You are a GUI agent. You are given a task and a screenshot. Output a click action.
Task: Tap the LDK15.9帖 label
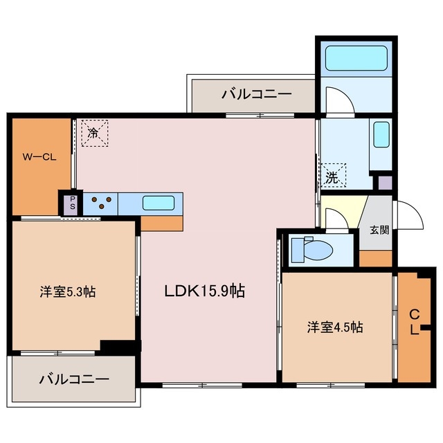pos(204,291)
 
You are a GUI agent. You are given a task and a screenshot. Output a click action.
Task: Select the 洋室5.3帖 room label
pos(67,291)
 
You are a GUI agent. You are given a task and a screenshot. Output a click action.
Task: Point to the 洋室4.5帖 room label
pos(336,327)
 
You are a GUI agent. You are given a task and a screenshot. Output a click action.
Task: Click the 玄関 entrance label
pos(379,230)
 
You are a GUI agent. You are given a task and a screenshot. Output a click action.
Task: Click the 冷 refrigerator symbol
pos(93,132)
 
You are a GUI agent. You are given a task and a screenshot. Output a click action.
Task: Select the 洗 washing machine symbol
pos(333,176)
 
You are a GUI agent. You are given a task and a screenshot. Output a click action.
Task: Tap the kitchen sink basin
pos(159,204)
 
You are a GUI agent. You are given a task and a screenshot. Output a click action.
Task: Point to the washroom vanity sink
pos(381,135)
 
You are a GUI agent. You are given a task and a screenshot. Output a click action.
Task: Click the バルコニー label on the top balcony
pos(257,95)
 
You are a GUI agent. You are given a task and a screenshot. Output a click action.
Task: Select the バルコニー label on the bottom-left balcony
pos(74,379)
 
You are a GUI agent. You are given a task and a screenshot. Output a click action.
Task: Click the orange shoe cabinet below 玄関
pos(376,257)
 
